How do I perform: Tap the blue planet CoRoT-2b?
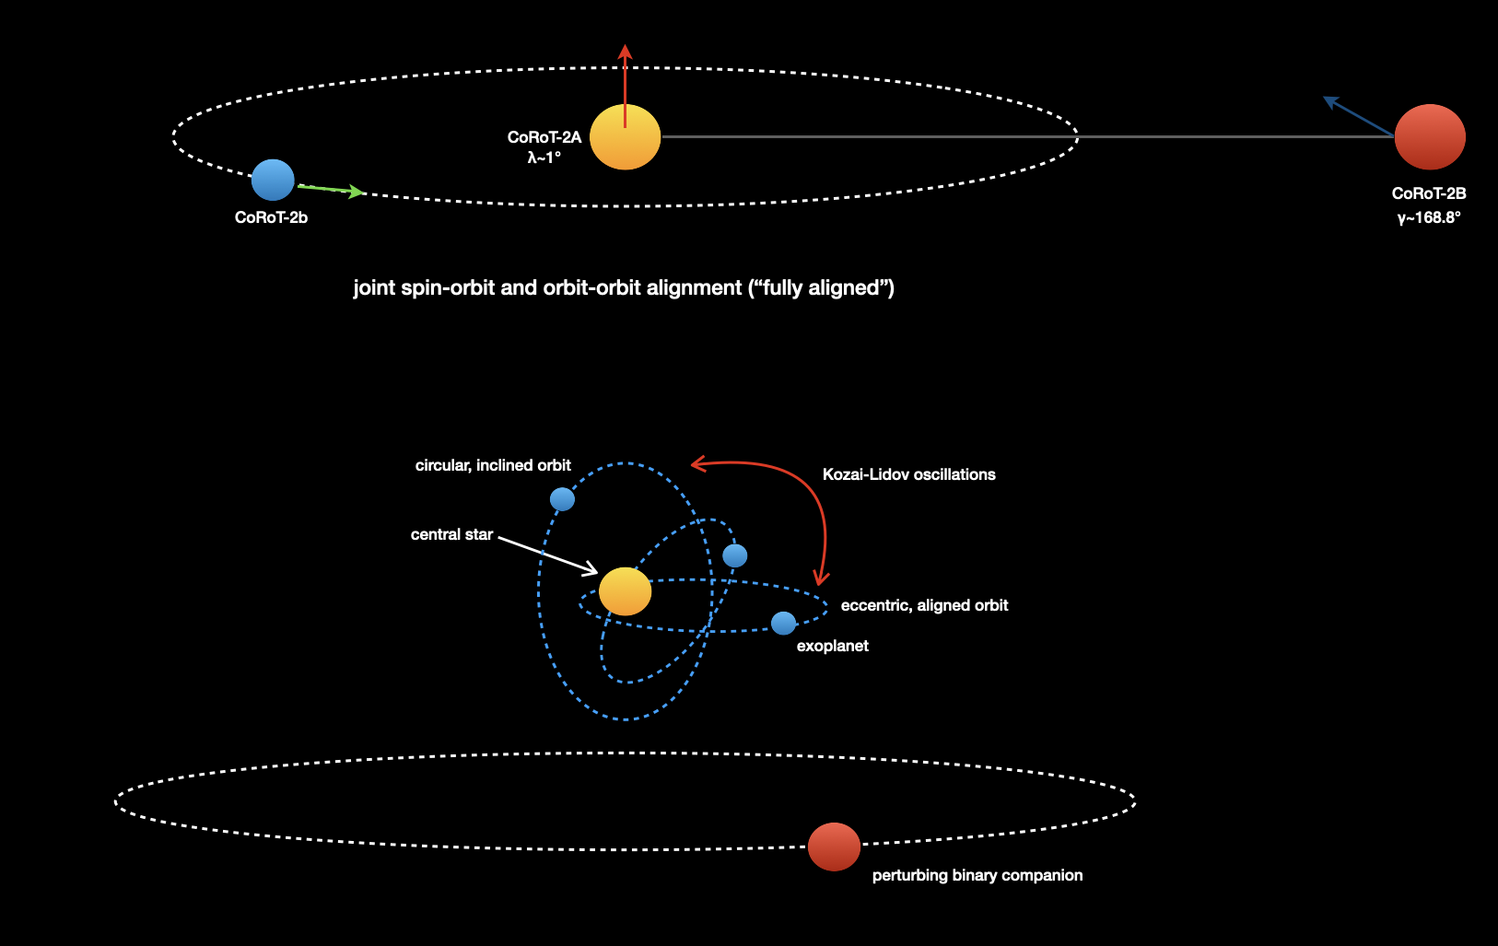click(x=273, y=180)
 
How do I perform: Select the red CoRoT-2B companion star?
click(x=1430, y=137)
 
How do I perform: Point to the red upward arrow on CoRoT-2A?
click(x=625, y=78)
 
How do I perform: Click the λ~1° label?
click(x=544, y=158)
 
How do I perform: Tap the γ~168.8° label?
click(x=1429, y=217)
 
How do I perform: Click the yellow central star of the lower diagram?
click(x=625, y=591)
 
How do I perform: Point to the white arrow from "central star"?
click(x=548, y=555)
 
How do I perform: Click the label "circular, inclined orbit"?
click(x=493, y=465)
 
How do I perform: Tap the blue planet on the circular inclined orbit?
click(x=562, y=499)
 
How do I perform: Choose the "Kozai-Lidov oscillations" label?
click(x=908, y=474)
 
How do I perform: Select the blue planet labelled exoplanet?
click(x=783, y=624)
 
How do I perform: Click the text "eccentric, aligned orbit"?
click(x=924, y=605)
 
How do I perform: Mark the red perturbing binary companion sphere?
click(x=834, y=847)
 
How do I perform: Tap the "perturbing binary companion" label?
click(x=977, y=875)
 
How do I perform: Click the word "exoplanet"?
click(x=832, y=646)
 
